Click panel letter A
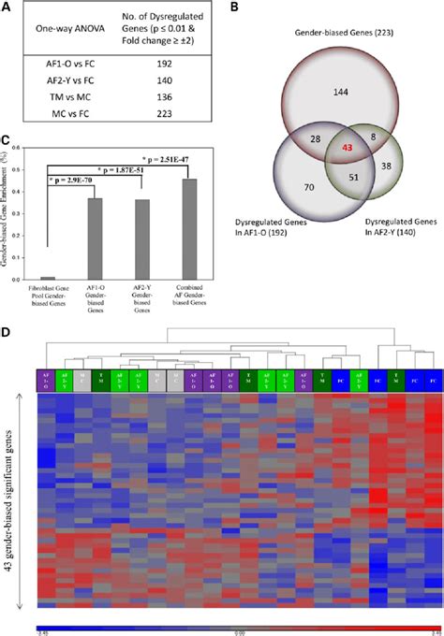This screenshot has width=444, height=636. click(x=7, y=8)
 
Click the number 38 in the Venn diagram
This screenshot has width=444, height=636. click(x=390, y=166)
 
